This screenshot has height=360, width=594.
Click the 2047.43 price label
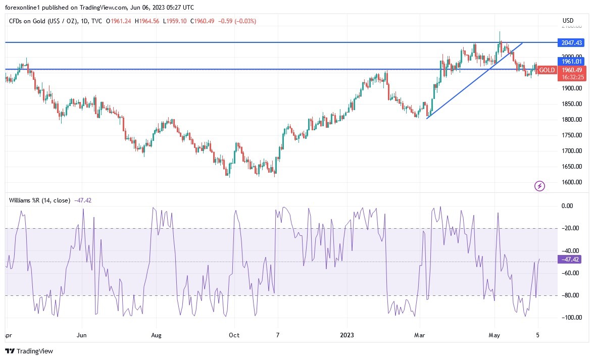click(569, 42)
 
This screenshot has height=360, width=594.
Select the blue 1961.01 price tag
click(569, 61)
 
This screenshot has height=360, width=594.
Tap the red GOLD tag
click(546, 70)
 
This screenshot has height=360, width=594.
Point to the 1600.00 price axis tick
click(571, 182)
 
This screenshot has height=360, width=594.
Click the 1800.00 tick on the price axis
click(571, 120)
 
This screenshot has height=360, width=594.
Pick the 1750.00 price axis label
click(571, 135)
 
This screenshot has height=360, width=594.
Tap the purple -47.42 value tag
click(569, 260)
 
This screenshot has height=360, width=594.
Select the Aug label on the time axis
click(156, 335)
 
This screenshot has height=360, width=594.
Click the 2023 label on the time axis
click(347, 335)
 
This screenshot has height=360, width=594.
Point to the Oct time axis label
click(234, 335)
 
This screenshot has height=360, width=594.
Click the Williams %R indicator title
click(40, 200)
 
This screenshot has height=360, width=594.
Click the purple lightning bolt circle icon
click(539, 186)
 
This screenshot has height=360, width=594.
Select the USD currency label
click(568, 21)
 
